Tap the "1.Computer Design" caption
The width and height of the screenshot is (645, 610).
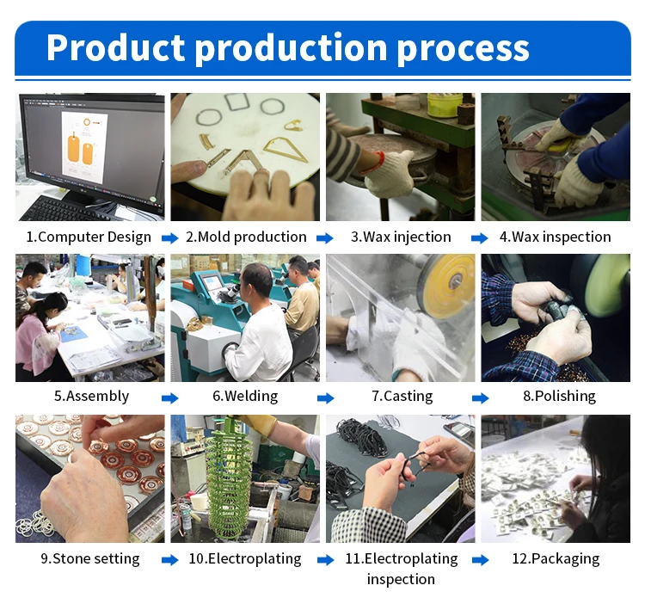89,237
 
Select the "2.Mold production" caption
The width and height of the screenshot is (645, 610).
246,237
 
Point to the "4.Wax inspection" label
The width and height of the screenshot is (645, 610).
556,237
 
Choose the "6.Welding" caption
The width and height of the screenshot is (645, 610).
245,396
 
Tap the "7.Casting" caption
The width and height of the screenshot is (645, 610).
402,396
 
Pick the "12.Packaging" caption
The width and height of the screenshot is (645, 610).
556,558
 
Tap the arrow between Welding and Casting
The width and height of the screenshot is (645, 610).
326,397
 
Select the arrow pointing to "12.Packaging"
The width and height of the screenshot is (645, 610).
481,560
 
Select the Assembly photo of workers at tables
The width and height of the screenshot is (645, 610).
89,317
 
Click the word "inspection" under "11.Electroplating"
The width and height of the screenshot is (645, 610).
401,579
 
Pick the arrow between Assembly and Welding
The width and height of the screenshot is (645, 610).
170,397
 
